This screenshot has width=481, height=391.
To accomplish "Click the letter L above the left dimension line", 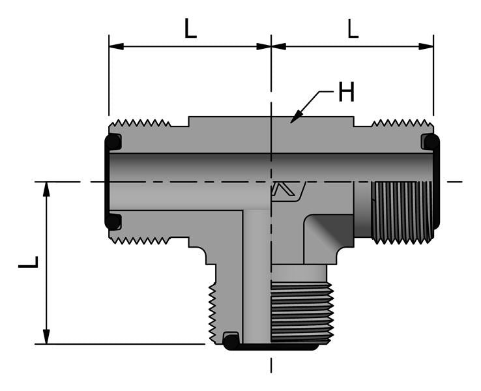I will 189,29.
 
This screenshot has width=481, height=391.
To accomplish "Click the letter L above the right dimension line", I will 353,29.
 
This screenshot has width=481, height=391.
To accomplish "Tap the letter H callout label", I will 345,93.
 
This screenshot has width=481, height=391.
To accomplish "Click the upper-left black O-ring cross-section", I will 113,141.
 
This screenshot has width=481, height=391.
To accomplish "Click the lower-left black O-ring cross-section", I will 113,221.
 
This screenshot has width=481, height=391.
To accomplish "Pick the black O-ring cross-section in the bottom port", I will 231,339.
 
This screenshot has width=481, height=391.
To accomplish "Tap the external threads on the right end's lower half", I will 401,212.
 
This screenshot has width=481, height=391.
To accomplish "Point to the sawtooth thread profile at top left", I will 139,123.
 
